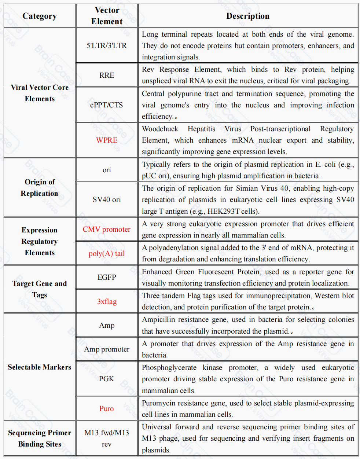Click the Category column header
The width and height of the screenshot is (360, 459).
click(40, 16)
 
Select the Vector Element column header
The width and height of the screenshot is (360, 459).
click(107, 16)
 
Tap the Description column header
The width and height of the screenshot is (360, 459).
click(248, 16)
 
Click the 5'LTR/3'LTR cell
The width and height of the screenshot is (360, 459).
click(107, 45)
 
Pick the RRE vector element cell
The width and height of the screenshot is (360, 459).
click(107, 75)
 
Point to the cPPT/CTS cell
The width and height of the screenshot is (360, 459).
click(107, 105)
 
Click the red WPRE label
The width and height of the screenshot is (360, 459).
click(107, 140)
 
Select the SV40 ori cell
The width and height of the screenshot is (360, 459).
click(107, 199)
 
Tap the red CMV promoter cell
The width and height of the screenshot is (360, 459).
click(107, 229)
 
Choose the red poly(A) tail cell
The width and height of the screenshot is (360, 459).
click(107, 253)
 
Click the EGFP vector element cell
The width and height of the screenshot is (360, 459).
click(107, 277)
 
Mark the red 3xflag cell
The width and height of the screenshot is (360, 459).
click(107, 301)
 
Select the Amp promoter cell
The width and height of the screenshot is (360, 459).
click(107, 349)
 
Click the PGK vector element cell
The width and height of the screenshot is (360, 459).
click(107, 379)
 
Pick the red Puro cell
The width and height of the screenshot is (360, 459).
click(107, 408)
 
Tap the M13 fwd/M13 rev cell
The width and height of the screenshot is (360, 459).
click(107, 438)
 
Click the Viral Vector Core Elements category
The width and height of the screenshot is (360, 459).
click(40, 93)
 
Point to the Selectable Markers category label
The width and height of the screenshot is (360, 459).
click(40, 367)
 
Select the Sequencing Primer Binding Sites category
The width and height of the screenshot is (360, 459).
click(40, 438)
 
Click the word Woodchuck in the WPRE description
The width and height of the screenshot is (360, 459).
click(160, 129)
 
